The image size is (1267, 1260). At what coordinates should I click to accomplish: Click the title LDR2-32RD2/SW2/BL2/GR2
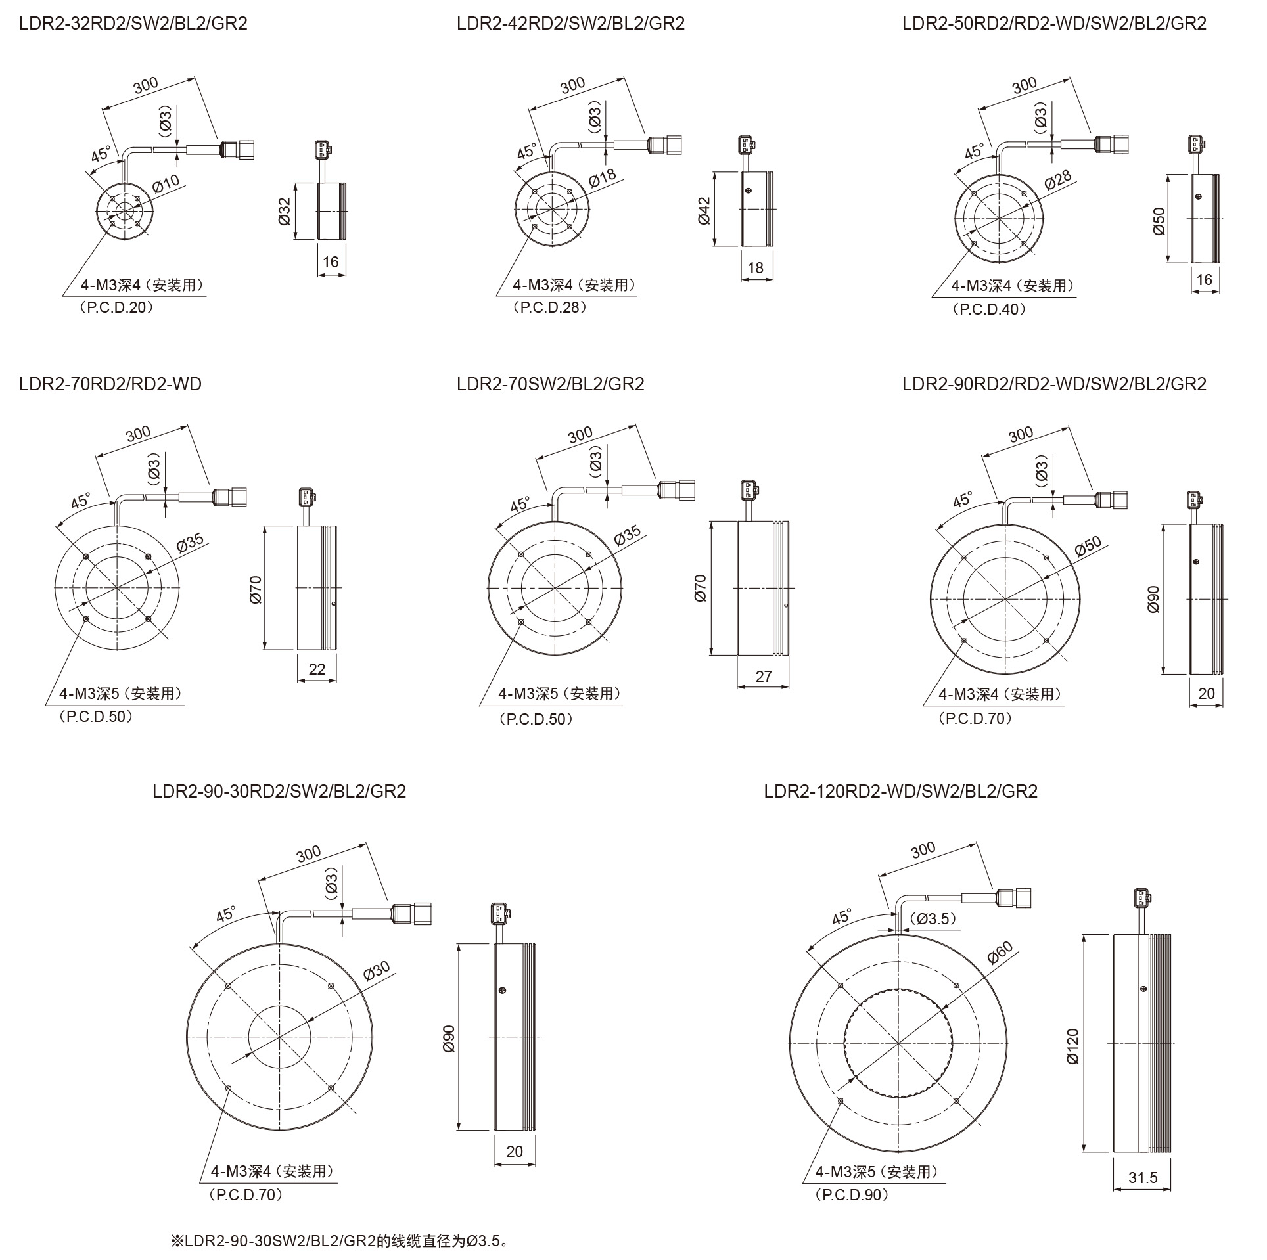click(x=133, y=24)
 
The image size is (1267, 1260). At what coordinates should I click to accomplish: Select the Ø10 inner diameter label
click(x=166, y=183)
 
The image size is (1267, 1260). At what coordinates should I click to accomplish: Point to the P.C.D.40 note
click(x=988, y=309)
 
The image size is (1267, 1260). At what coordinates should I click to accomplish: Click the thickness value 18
click(x=755, y=267)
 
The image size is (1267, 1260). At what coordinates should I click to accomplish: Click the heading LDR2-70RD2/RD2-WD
click(x=110, y=384)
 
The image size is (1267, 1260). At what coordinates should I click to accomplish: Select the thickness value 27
click(x=764, y=676)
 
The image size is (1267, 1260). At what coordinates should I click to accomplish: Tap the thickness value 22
click(x=317, y=669)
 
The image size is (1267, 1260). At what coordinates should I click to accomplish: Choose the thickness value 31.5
click(x=1143, y=1178)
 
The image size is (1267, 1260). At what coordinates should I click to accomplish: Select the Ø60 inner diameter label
click(x=1000, y=952)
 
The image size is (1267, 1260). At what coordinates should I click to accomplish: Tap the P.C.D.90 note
click(x=852, y=1194)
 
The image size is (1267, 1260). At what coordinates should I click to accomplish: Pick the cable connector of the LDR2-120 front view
click(x=1014, y=896)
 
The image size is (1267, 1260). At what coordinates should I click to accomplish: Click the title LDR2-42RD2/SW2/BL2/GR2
click(x=571, y=24)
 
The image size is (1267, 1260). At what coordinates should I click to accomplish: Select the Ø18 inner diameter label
click(x=603, y=178)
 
